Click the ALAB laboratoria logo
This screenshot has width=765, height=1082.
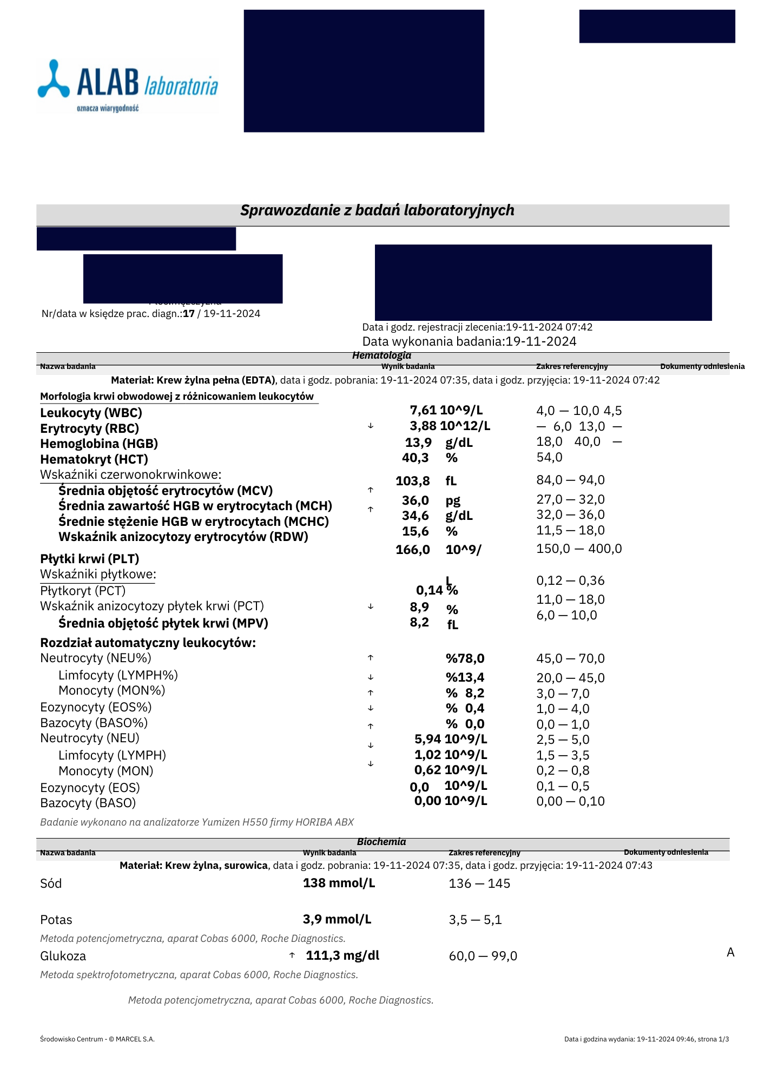[x=128, y=86]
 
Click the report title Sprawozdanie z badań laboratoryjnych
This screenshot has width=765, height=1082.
[x=377, y=210]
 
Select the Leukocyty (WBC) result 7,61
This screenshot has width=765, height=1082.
[x=423, y=411]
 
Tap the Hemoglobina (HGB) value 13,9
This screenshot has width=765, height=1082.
[x=418, y=443]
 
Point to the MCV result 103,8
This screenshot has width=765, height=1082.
[x=413, y=481]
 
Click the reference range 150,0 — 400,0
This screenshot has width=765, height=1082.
[x=579, y=549]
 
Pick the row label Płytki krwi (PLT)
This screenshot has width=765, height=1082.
[x=90, y=559]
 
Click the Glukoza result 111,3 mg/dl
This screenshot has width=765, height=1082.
[x=342, y=955]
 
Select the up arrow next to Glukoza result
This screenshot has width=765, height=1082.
[x=292, y=955]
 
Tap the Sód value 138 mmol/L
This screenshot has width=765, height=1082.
[x=339, y=883]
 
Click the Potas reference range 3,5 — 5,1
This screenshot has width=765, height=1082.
[x=475, y=920]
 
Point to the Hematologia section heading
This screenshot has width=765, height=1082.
[x=381, y=355]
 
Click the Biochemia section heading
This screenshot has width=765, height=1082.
[x=381, y=842]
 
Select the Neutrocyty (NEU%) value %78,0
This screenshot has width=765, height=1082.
[x=465, y=658]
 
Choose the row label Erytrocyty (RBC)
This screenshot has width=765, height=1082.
[x=90, y=428]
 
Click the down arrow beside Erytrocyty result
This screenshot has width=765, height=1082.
[x=371, y=426]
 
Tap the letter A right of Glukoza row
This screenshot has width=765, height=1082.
[x=730, y=953]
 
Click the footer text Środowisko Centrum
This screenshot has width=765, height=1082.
[x=97, y=1039]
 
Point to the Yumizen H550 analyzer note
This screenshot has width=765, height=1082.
[x=197, y=822]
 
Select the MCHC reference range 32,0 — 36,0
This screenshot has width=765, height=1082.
[x=570, y=514]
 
